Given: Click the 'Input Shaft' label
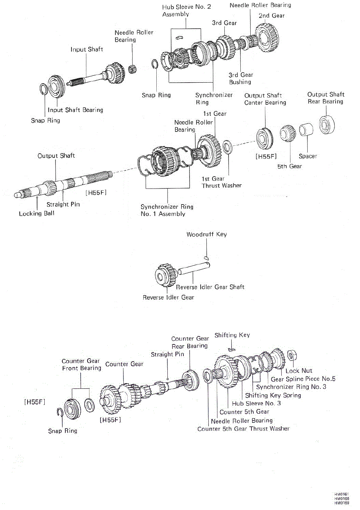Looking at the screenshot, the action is [87, 49].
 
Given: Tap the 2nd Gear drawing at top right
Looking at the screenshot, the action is [267, 37].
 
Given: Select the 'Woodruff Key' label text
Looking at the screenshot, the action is [206, 234].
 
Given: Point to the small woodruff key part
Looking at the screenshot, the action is [206, 258].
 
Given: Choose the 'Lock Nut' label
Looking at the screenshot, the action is [299, 371].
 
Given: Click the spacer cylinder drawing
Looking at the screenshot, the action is [306, 130].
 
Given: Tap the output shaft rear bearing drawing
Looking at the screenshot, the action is [327, 125].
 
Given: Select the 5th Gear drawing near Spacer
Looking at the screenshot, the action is [288, 133].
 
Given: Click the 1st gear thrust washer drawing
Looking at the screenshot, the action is [227, 147].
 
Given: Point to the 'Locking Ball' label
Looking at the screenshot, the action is [37, 214].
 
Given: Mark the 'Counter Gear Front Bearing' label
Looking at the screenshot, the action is [81, 364].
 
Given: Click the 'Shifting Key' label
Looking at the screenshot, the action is [232, 335].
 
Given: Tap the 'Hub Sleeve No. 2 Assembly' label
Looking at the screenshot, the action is [186, 10].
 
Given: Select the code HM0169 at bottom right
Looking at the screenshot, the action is [342, 503].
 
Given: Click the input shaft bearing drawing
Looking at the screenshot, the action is [57, 86].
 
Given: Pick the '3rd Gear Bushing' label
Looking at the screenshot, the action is [240, 78].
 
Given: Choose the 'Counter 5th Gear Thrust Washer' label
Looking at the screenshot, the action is [243, 429].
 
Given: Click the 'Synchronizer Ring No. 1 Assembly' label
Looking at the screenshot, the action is [167, 210].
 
